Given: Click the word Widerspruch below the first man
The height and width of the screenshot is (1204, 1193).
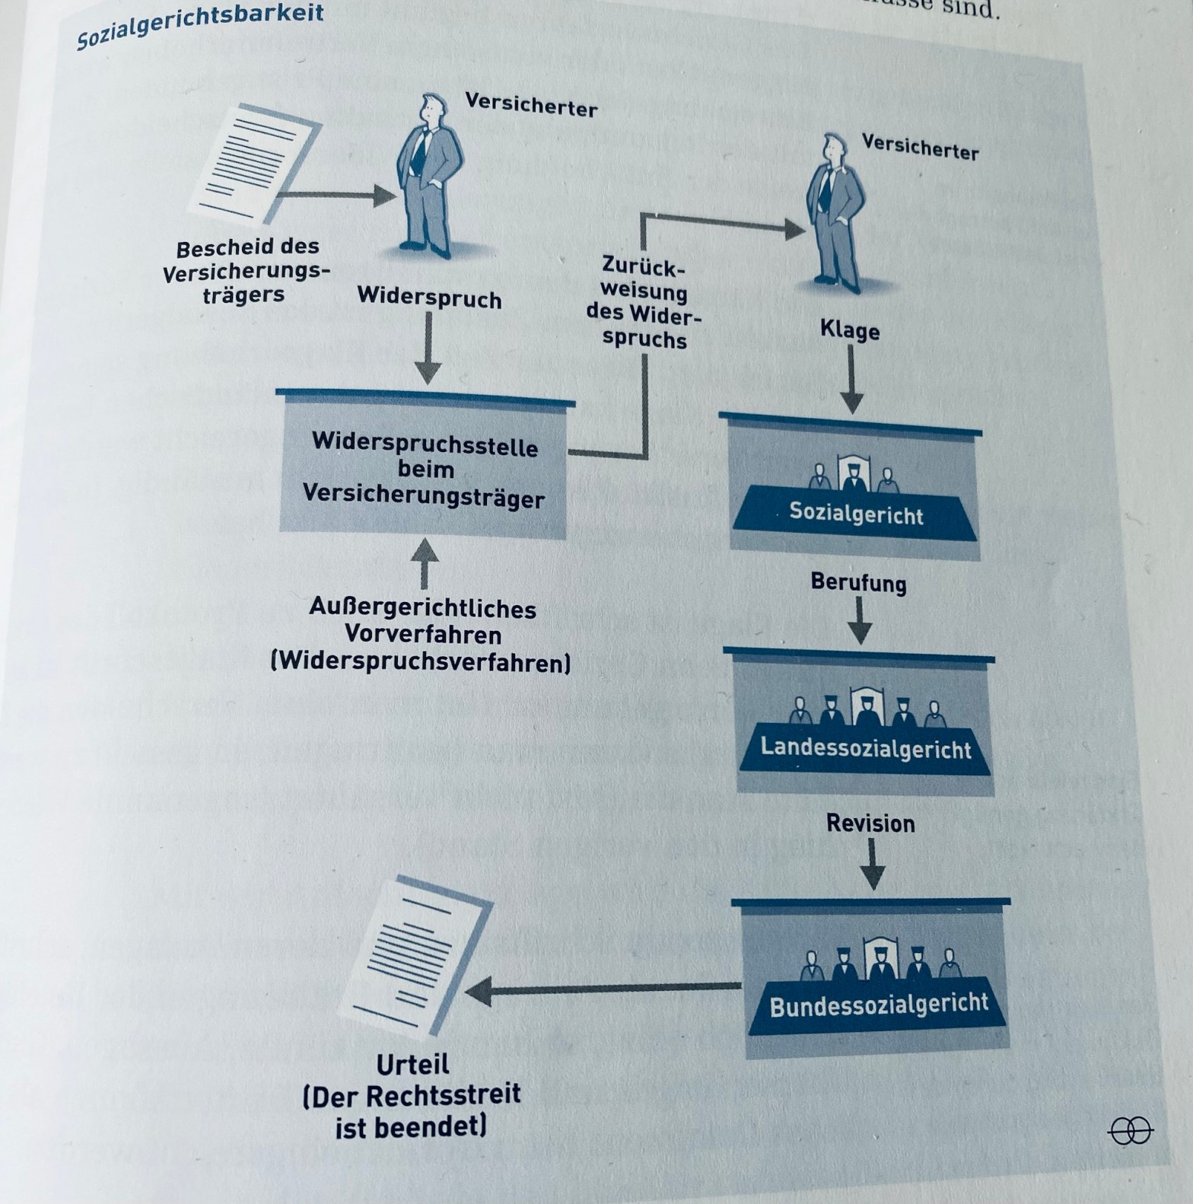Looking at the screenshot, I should [429, 298].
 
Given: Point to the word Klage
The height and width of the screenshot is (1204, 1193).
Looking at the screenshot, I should [850, 330].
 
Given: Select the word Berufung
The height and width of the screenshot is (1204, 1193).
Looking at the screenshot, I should [858, 583].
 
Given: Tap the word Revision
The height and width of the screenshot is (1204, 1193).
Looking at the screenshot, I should [870, 823].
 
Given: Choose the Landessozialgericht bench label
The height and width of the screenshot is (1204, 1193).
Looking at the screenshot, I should [866, 748].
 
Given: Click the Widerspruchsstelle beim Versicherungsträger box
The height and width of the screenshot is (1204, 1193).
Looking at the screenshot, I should [424, 470].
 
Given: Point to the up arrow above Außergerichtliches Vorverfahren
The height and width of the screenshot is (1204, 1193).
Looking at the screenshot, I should [425, 562].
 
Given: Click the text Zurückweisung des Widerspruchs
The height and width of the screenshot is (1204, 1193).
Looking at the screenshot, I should [644, 302].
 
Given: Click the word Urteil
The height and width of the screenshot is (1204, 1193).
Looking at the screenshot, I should [412, 1063].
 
